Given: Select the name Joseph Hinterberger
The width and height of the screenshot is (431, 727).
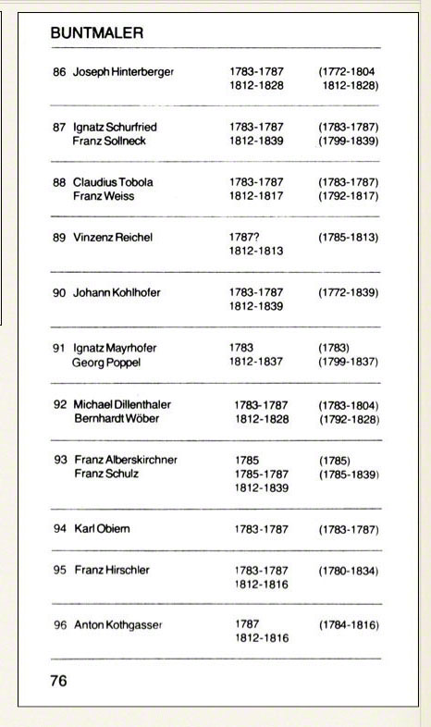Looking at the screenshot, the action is point(123,71).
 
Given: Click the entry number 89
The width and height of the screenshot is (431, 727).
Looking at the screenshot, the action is point(59,237).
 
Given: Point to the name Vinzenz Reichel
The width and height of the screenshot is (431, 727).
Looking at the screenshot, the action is point(113,237).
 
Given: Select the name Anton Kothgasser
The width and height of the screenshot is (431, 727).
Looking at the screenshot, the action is point(117,625).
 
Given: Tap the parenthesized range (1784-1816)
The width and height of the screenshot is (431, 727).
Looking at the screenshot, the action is point(349,625).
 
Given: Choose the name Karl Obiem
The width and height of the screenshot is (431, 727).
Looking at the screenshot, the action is point(102,529).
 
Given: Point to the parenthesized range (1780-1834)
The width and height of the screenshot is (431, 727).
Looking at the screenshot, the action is point(349,571).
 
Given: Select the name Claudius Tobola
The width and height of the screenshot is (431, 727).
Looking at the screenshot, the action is point(113,182).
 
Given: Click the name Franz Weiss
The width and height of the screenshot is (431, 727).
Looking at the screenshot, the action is point(104,196).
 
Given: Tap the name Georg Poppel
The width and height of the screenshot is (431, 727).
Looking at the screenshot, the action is point(106,363).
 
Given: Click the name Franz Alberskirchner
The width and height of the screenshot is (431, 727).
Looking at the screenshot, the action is point(125,460).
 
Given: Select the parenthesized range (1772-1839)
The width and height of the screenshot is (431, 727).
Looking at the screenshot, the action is point(349,292).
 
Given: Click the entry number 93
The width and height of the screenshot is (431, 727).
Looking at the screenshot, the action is point(60,460).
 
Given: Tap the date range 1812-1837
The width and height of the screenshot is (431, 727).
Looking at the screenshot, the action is point(256,363).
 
